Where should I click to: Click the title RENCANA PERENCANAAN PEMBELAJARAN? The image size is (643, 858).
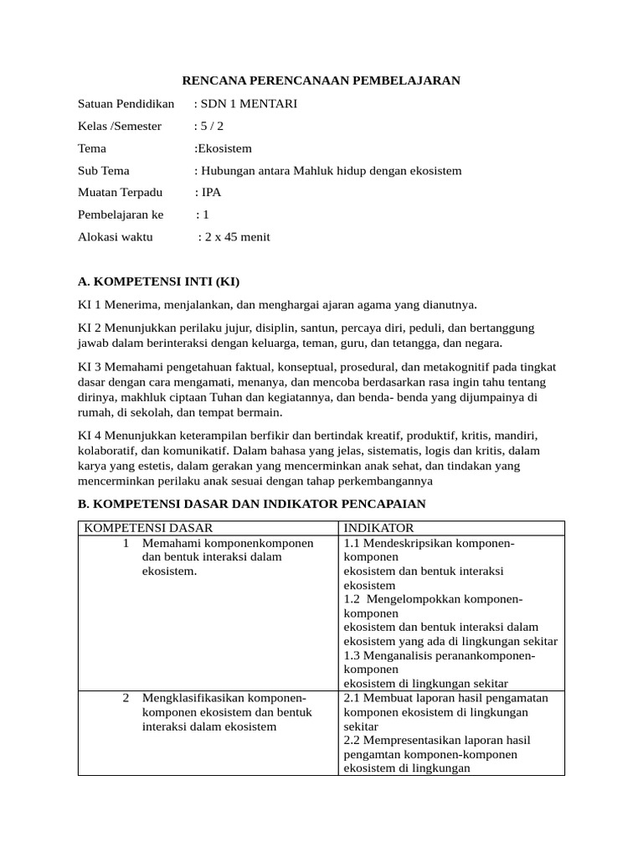321,80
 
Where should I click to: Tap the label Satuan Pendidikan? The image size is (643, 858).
126,104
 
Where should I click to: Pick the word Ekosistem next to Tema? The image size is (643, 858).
224,148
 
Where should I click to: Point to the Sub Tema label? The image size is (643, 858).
104,171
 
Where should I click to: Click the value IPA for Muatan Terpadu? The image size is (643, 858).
211,193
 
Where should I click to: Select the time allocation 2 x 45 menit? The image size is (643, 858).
238,237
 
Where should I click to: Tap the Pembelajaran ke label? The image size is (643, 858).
121,215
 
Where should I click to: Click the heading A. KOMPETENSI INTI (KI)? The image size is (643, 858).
159,282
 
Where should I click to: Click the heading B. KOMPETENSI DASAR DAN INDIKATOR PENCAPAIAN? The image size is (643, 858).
252,504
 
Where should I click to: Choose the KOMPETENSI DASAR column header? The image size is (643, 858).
147,528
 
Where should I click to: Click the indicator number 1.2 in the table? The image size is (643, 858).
352,599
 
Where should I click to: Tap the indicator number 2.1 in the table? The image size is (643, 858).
352,698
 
